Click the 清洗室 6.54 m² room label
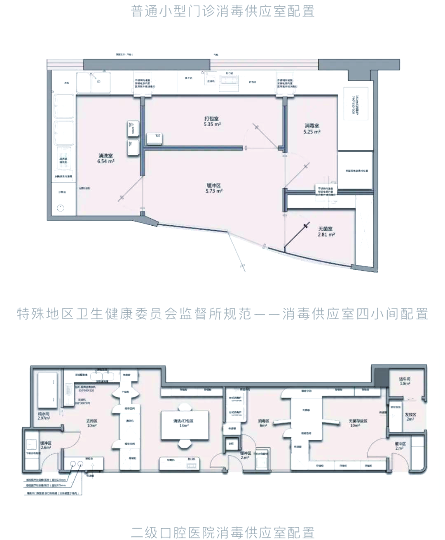coord(105,159)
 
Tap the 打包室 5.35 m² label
coord(212,121)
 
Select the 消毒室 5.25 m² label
coord(312,129)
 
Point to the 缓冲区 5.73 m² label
coord(214,189)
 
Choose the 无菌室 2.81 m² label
coord(326,231)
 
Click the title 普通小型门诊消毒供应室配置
coord(222,11)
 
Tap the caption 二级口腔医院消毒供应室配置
coord(222,532)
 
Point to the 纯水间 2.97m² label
coord(43,416)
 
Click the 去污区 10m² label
coord(91,423)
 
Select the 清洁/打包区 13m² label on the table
coord(183,423)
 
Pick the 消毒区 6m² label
coord(263,423)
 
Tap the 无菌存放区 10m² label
coord(358,423)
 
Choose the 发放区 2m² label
coord(410,417)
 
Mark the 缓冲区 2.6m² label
coord(46,445)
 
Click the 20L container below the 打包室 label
coord(152,138)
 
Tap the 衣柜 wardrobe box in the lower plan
coord(231,444)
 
